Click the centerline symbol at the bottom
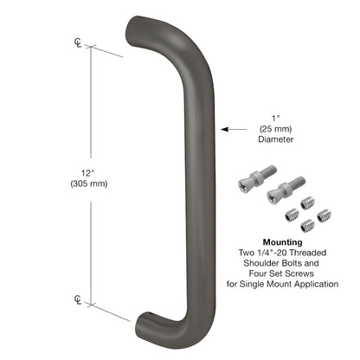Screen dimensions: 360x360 (x=78, y=300)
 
